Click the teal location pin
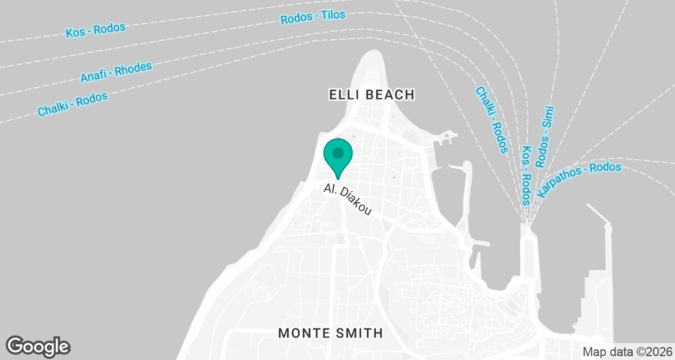click(x=338, y=155)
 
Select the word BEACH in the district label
click(x=391, y=94)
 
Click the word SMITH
click(x=360, y=333)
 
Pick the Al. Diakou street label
click(x=348, y=199)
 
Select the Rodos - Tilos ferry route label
click(x=313, y=17)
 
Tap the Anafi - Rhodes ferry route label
click(x=116, y=72)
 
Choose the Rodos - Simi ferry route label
click(x=545, y=137)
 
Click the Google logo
click(x=38, y=346)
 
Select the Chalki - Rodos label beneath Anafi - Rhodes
click(x=73, y=105)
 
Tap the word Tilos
click(x=334, y=15)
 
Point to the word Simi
click(x=550, y=116)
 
